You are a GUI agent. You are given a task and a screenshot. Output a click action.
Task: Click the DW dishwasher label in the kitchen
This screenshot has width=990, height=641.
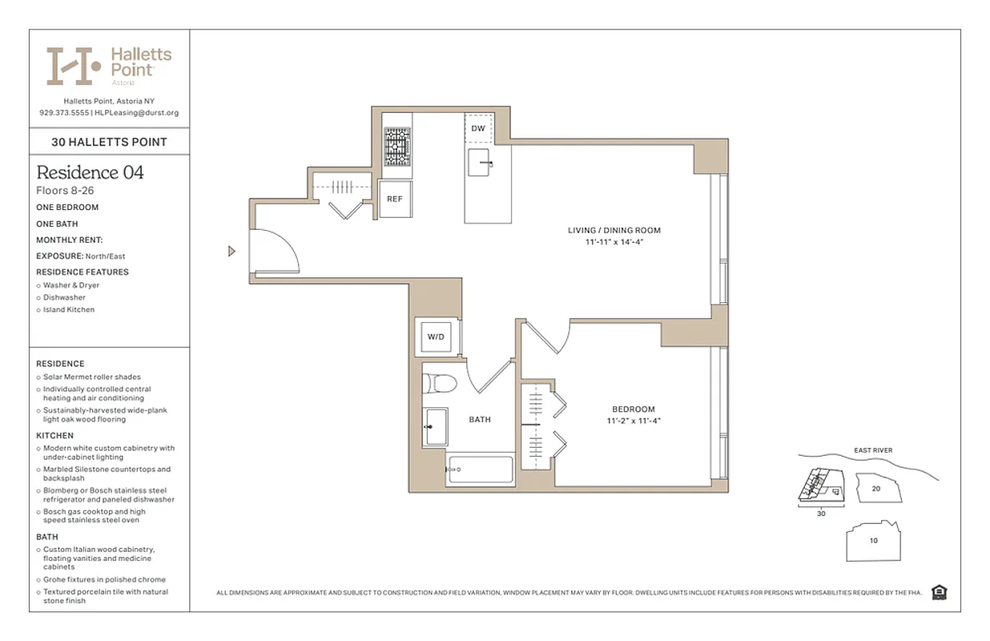click(478, 128)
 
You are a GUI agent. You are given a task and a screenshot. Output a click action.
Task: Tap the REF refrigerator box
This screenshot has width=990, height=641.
click(395, 199)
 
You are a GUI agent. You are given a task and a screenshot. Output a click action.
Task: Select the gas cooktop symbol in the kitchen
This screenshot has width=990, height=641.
click(396, 147)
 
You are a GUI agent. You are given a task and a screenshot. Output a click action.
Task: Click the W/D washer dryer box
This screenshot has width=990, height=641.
click(435, 337)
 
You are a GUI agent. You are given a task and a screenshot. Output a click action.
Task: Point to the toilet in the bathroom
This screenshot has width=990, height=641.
click(439, 383)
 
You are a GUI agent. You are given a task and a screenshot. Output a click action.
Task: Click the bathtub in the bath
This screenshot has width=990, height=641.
click(480, 470)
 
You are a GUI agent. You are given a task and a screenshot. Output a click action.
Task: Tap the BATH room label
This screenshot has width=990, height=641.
click(480, 419)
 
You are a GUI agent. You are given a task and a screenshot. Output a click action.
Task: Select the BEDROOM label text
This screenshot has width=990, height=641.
click(633, 409)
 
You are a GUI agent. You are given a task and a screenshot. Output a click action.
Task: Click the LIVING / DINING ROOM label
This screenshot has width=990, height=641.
click(614, 231)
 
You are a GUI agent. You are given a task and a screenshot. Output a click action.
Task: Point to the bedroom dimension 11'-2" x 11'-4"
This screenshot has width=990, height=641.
click(633, 421)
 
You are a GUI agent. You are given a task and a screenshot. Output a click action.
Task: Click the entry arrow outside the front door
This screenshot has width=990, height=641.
click(231, 252)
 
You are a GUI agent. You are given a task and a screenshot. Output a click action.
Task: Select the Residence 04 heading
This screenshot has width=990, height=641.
click(91, 172)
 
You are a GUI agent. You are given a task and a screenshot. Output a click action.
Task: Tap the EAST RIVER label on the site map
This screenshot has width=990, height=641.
click(872, 450)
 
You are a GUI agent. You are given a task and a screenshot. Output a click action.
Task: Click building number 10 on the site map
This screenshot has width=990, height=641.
click(873, 540)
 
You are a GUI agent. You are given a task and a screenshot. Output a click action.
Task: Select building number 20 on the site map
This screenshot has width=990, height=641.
click(875, 488)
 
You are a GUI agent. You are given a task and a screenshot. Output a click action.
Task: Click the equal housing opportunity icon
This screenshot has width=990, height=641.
click(940, 592)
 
